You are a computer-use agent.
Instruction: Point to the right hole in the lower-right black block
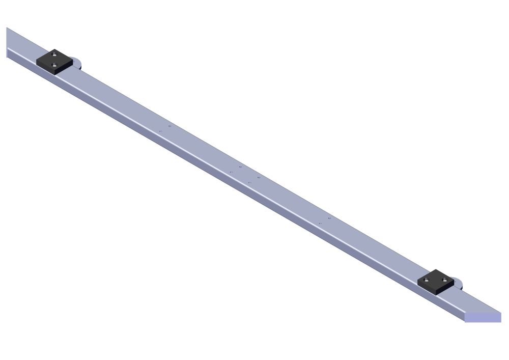[444, 279]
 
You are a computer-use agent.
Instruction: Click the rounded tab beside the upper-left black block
[77, 63]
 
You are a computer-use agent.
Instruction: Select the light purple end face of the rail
[483, 317]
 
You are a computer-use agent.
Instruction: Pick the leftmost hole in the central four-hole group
[231, 172]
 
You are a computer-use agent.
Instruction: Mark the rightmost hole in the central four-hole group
[259, 177]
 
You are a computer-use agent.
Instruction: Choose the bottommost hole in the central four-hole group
[249, 182]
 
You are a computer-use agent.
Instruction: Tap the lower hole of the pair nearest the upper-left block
[160, 131]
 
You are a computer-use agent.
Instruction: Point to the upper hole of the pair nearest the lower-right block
[329, 218]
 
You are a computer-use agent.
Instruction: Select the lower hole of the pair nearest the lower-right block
[320, 224]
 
